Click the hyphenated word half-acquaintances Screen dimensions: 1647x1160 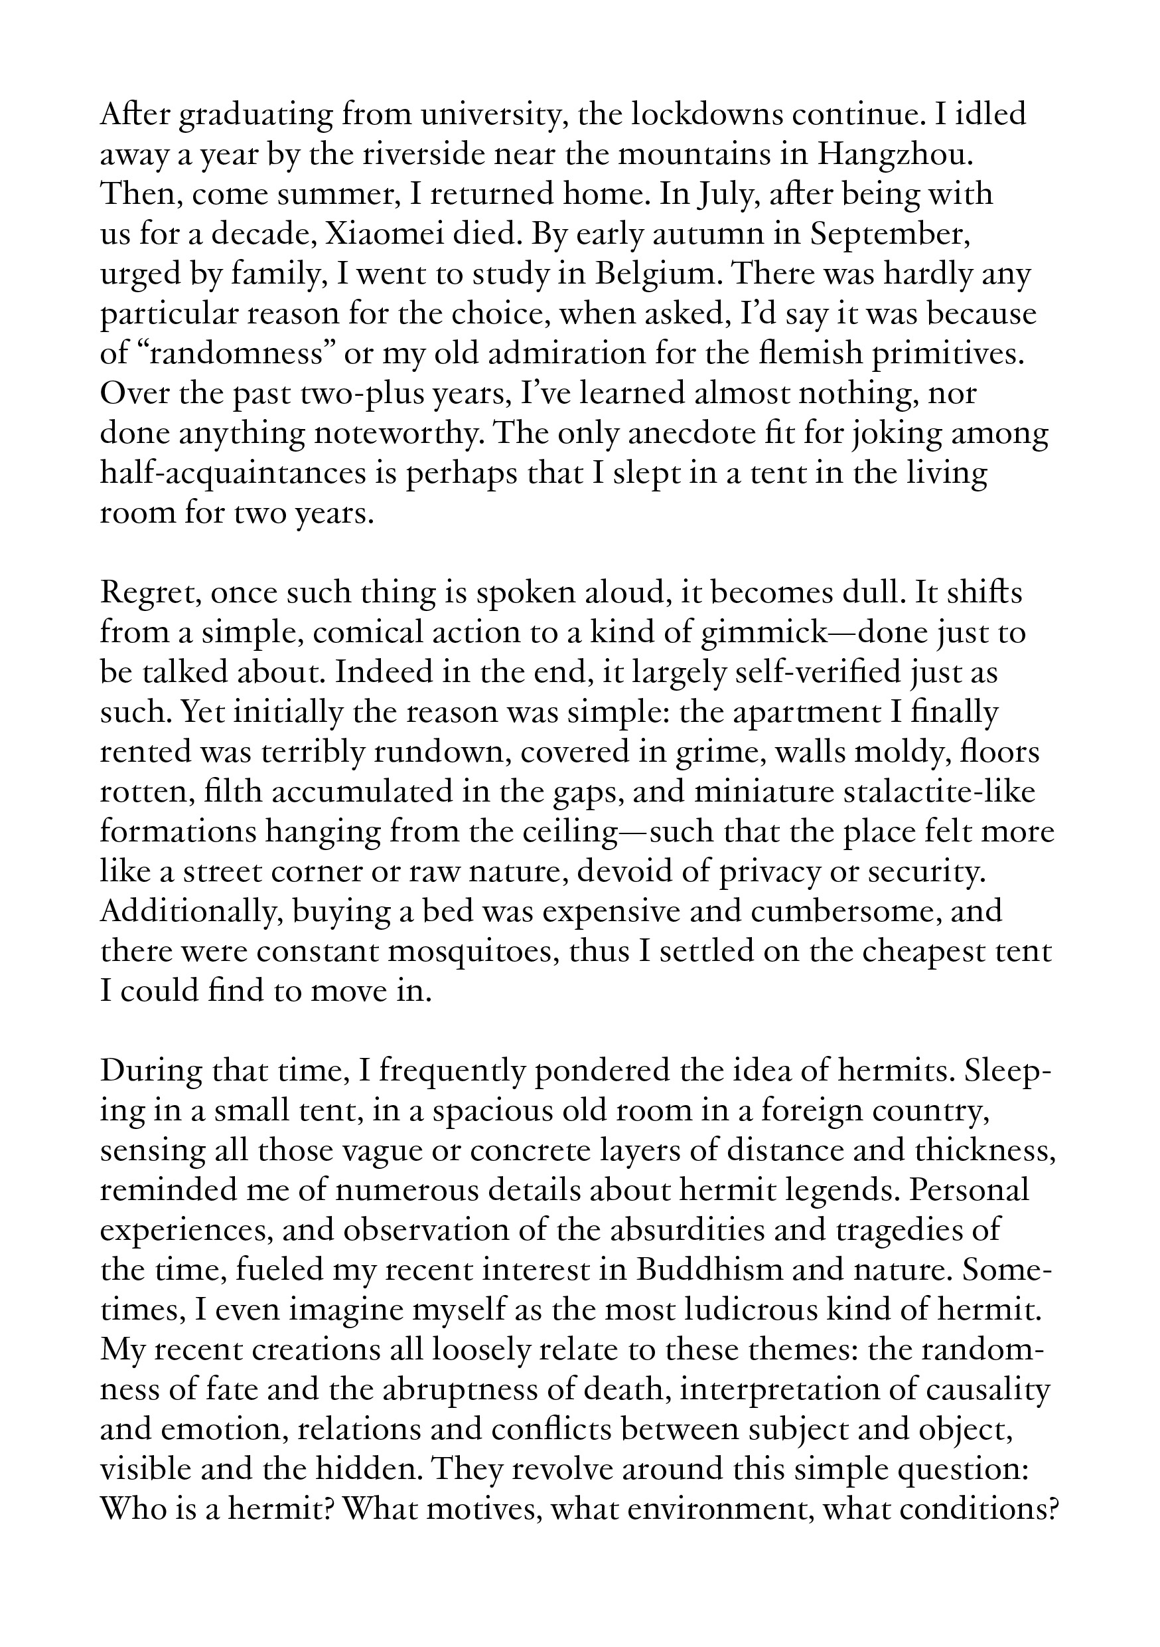[249, 475]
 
